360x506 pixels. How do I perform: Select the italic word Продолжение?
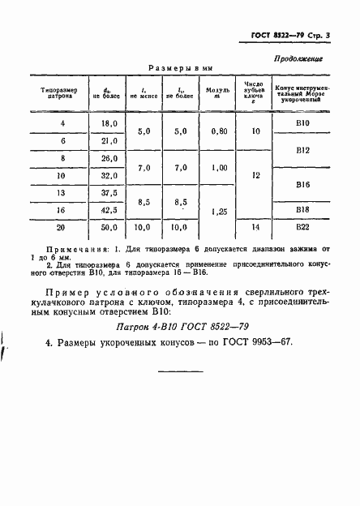(x=299, y=58)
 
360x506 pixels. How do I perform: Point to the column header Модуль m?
(x=218, y=90)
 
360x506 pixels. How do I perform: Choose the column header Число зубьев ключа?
(x=255, y=90)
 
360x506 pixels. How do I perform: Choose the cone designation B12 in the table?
(x=304, y=150)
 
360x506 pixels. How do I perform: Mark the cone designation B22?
(x=304, y=229)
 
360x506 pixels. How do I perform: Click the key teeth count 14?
(x=256, y=229)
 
